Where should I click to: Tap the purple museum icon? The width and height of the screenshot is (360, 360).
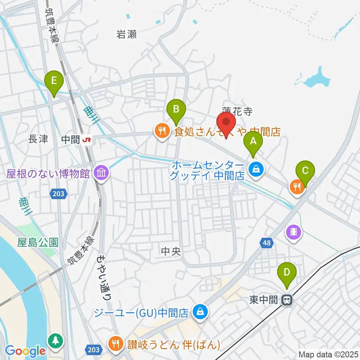coord(101,173)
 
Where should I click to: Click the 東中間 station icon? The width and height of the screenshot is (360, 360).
coord(287,300)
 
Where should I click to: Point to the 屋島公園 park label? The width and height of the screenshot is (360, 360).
coord(38,243)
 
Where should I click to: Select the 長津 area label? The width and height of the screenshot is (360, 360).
coord(38,139)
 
